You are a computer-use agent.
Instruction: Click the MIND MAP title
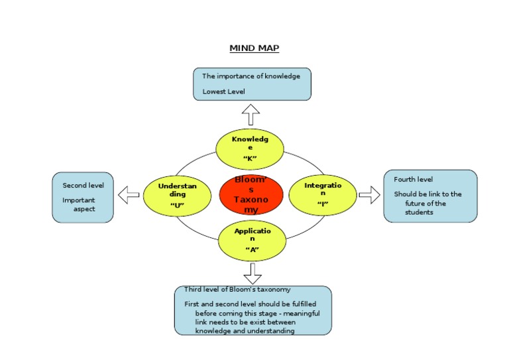[x=254, y=48]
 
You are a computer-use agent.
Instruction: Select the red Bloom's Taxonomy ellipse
[x=251, y=195]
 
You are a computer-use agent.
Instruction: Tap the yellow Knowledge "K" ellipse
[x=251, y=149]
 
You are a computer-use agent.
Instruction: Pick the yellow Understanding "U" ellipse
[x=177, y=195]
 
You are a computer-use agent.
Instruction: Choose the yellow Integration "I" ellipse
[x=323, y=195]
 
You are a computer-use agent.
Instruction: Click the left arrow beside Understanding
[x=129, y=195]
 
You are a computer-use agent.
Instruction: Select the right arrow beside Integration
[x=369, y=195]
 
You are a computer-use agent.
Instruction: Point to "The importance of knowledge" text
[x=251, y=76]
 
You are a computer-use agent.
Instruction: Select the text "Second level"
[x=79, y=186]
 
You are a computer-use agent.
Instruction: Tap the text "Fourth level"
[x=414, y=180]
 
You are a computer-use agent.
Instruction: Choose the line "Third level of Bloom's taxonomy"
[x=237, y=290]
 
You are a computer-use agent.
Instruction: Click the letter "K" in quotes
[x=250, y=158]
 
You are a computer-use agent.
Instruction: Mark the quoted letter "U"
[x=176, y=205]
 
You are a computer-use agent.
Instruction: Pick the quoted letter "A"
[x=251, y=249]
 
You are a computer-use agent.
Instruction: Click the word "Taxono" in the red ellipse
[x=251, y=199]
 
